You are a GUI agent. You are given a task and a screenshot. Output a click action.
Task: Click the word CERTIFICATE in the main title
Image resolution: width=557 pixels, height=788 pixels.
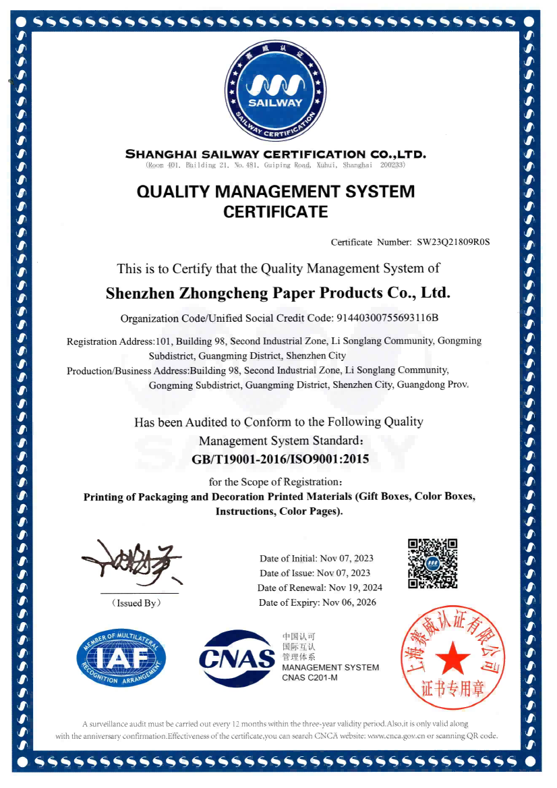[275, 213]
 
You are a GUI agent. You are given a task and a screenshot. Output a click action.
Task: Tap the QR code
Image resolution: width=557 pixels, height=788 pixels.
[433, 563]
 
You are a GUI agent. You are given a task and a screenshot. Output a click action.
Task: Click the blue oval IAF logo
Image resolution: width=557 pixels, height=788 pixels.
[121, 657]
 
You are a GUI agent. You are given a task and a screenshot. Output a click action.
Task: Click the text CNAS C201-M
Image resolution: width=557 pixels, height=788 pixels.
[310, 677]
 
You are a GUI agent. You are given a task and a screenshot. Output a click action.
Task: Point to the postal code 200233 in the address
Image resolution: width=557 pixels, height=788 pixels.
[392, 165]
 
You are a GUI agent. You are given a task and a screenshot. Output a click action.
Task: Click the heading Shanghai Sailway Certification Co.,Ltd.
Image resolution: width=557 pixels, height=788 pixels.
[276, 154]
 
